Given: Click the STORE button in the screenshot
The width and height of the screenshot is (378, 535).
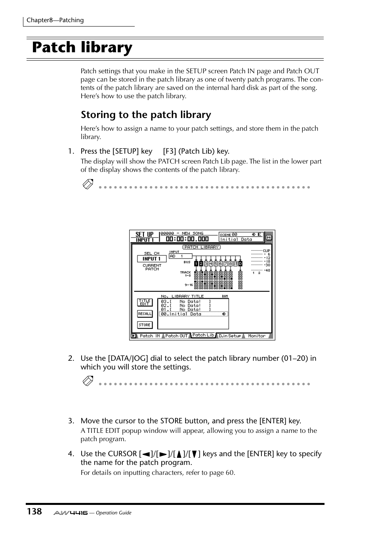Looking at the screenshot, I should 145,325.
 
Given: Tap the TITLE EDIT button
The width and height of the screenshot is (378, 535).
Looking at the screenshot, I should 145,303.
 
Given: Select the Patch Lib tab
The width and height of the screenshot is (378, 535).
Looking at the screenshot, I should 203,335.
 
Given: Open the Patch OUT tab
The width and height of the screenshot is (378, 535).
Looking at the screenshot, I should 176,336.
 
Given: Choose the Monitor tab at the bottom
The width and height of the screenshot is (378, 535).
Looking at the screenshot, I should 256,336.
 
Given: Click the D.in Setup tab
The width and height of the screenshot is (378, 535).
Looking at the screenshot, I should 230,336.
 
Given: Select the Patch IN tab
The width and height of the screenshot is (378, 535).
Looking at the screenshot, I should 150,336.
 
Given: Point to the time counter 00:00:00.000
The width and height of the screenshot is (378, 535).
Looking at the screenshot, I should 187,239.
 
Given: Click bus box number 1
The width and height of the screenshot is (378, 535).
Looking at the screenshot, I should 196,264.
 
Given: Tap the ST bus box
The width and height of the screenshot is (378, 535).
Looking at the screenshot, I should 235,264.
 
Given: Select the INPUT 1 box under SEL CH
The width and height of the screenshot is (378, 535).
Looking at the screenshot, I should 151,259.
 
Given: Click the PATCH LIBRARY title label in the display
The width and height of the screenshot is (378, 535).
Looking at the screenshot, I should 202,247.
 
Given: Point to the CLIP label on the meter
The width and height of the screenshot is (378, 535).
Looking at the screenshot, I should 267,251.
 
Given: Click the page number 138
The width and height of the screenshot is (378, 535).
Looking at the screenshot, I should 34,512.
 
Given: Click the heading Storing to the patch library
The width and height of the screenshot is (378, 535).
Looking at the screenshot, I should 146,115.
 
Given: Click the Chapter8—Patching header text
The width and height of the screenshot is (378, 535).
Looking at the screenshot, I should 55,20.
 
